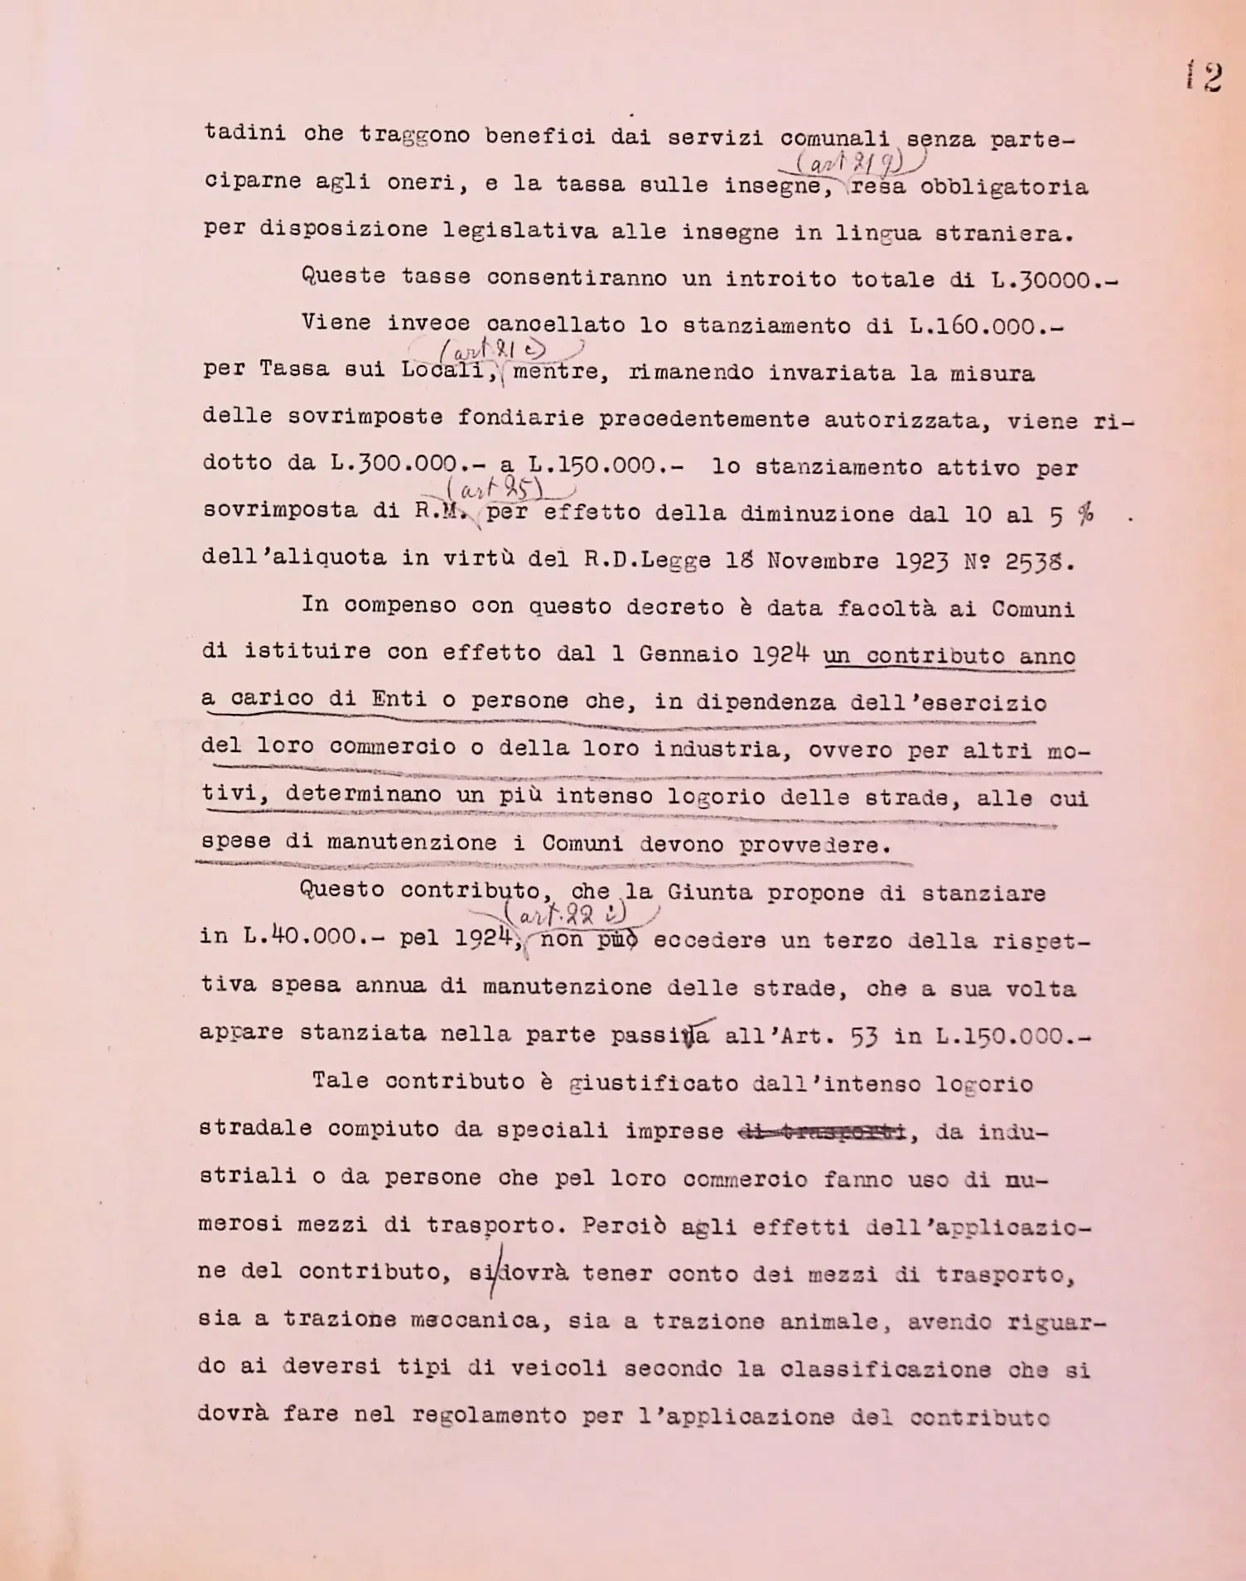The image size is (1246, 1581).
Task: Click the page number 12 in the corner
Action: click(x=1204, y=77)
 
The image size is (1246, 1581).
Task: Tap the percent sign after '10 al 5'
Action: click(x=1084, y=515)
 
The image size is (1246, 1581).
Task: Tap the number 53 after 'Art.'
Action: click(x=864, y=1036)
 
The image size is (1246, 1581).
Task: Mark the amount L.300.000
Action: click(x=394, y=463)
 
